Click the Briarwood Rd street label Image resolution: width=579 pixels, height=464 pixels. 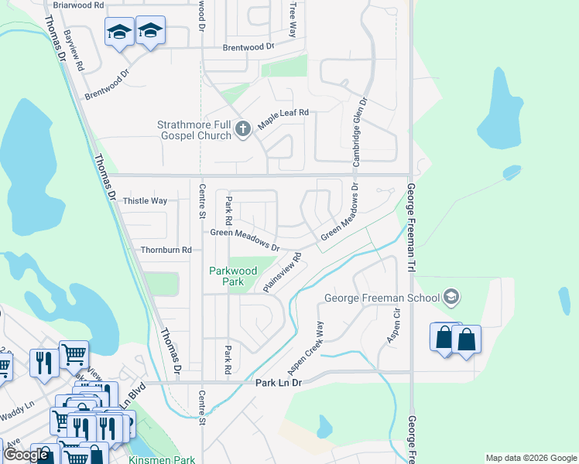pos(79,5)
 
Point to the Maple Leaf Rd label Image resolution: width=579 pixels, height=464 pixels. pos(283,113)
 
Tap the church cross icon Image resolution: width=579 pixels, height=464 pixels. pos(242,129)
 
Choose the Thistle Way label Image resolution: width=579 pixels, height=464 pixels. pos(145,201)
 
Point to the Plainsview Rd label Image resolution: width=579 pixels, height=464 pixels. pos(281,271)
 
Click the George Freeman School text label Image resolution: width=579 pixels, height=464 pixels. pos(381,298)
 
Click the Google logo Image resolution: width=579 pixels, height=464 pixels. pos(26,455)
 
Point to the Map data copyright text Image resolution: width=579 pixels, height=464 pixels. pos(530,458)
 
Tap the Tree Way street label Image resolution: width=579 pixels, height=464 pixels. pos(293,19)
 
